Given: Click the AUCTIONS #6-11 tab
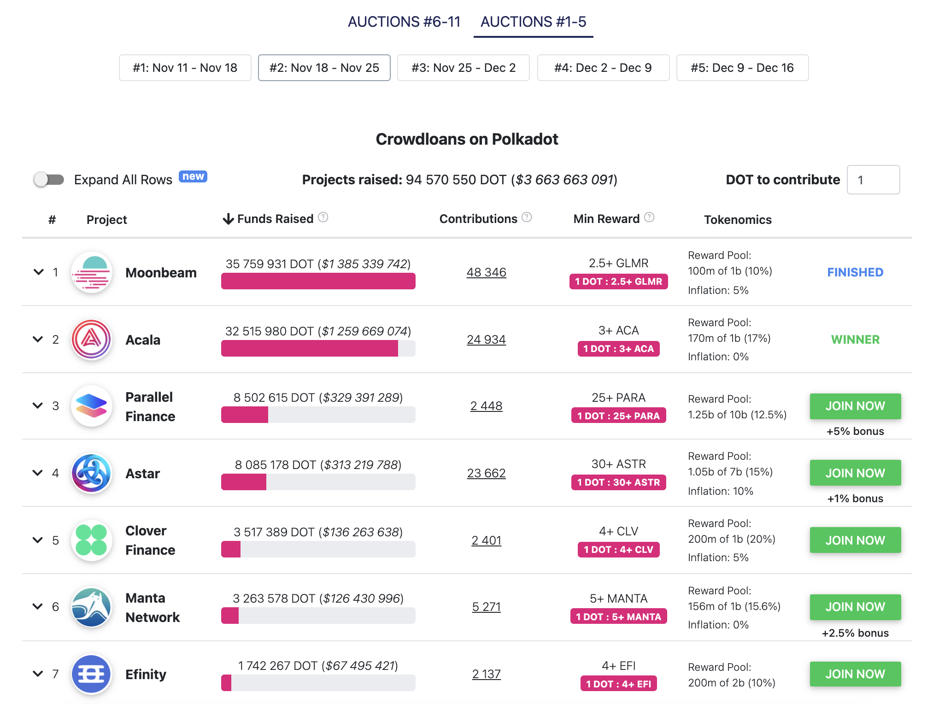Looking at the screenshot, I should point(404,22).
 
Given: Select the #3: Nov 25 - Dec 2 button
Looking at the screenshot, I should point(463,68).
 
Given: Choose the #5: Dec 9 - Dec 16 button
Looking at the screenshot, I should point(742,68).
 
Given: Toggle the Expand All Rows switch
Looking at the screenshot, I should point(49,179).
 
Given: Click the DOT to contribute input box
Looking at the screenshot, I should point(873,180).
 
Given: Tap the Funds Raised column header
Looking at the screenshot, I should point(275,219).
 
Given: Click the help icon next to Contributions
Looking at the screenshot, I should point(527,217).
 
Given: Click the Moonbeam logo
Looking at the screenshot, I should point(92,272).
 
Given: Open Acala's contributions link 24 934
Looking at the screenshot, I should point(486,340).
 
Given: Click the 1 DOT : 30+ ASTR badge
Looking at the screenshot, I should point(618,482).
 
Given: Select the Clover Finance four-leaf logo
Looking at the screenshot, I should point(92,540).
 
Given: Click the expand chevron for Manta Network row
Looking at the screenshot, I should point(38,606).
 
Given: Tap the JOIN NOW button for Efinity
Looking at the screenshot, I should point(855,674).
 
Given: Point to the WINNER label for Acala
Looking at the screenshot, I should point(855,340).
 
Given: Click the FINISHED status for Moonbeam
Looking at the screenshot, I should point(855,272).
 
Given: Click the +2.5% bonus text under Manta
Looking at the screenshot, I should point(855,633).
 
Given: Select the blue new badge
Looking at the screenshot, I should point(193,176).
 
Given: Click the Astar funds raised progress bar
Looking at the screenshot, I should point(318,482).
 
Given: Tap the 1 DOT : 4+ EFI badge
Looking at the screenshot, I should point(618,684).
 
